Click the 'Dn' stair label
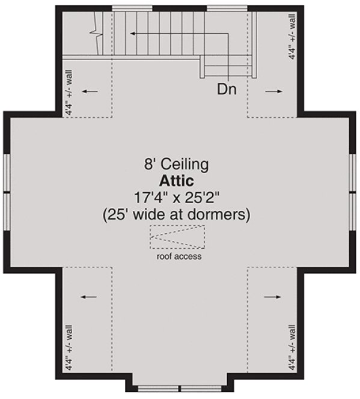click(x=226, y=90)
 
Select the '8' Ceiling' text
click(x=175, y=163)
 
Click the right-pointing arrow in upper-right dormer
click(x=273, y=91)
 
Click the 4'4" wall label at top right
click(x=292, y=38)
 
